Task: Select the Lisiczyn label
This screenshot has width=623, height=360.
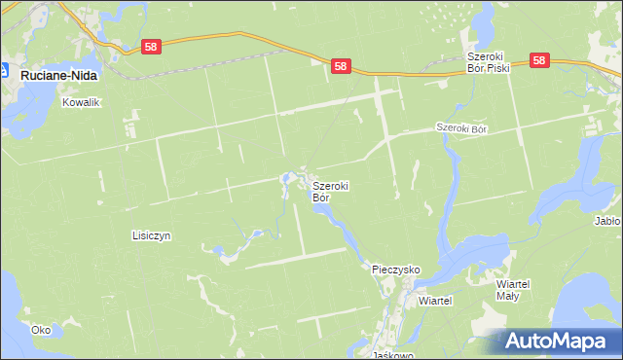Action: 151,235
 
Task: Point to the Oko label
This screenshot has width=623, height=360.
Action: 41,330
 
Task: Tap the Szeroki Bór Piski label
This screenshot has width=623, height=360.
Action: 488,62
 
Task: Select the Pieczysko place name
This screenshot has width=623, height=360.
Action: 395,268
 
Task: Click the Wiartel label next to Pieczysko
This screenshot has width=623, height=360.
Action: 435,301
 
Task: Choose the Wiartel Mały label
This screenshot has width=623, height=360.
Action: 512,289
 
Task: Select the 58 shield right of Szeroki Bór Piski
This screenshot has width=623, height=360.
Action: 541,60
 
